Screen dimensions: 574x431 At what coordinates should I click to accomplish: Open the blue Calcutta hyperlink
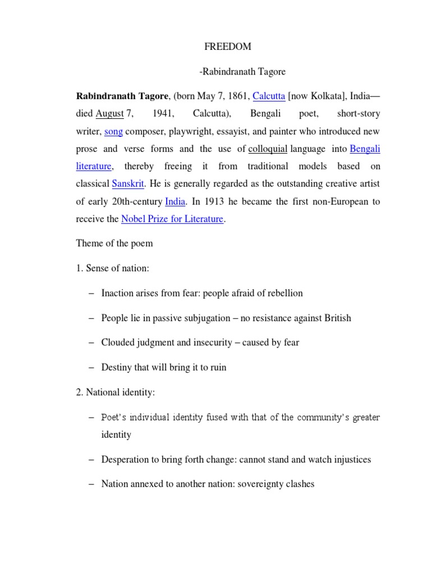(269, 96)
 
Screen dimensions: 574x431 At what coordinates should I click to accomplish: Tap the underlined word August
(109, 114)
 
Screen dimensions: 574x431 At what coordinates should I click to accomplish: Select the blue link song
(113, 132)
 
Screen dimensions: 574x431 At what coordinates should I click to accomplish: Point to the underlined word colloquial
(268, 149)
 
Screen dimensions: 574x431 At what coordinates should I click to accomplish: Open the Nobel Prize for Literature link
(172, 219)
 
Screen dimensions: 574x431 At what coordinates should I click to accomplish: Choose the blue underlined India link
(175, 201)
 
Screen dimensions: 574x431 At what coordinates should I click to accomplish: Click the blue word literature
(94, 166)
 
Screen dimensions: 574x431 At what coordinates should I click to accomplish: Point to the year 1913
(207, 201)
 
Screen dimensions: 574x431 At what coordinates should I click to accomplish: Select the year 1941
(163, 114)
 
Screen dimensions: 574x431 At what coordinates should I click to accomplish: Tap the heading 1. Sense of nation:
(112, 269)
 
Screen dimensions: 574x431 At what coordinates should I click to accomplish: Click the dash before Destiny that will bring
(92, 368)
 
